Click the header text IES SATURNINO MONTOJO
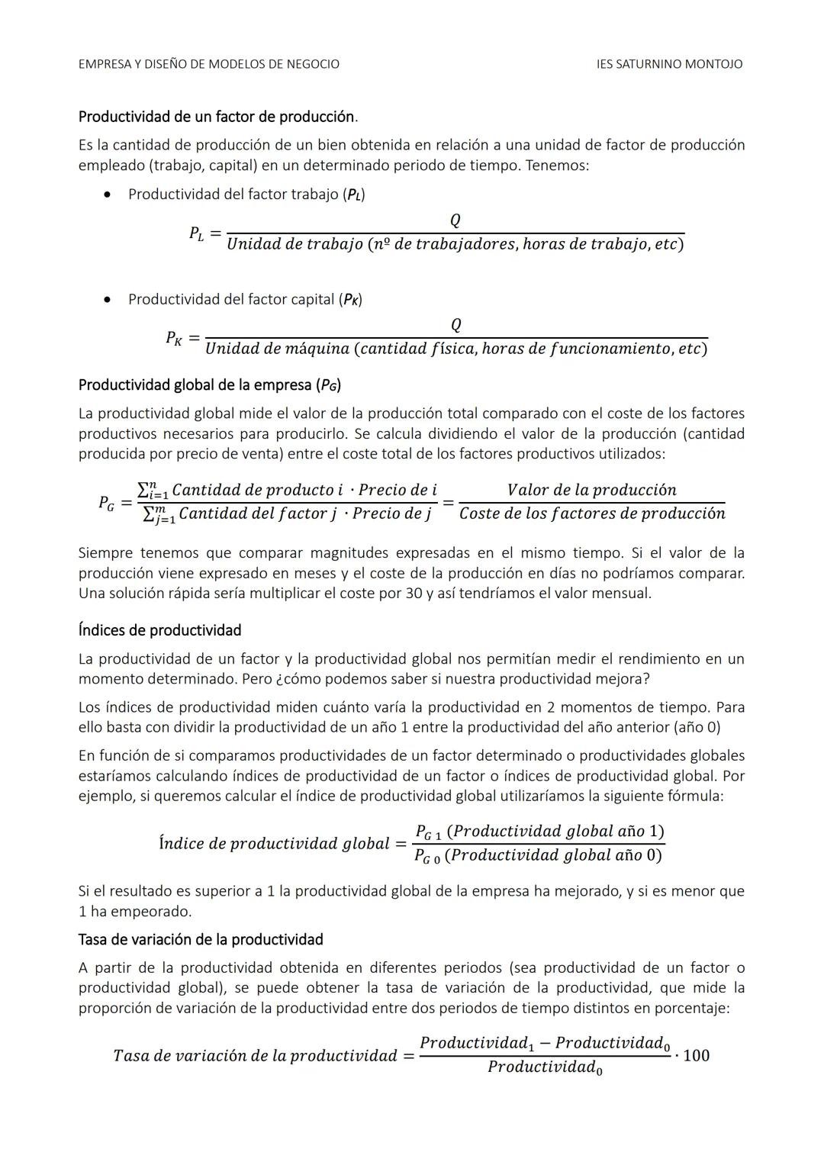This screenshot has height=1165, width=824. click(669, 64)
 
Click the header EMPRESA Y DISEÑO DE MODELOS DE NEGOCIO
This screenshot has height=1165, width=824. click(209, 64)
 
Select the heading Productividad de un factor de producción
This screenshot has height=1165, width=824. click(217, 117)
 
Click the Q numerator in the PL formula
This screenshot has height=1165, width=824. click(455, 220)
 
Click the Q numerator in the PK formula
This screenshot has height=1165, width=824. click(455, 326)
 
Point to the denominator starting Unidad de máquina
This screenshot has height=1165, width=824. click(455, 349)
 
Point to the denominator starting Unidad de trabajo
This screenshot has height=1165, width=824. click(455, 244)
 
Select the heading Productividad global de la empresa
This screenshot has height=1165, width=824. click(209, 385)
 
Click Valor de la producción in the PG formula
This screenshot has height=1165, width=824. click(591, 490)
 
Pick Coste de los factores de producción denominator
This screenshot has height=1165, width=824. click(592, 513)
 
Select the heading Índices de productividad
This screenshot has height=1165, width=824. click(159, 630)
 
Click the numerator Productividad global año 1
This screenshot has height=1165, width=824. click(539, 831)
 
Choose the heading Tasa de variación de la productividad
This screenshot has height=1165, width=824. click(201, 939)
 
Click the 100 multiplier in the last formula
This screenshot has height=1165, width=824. click(696, 1055)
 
